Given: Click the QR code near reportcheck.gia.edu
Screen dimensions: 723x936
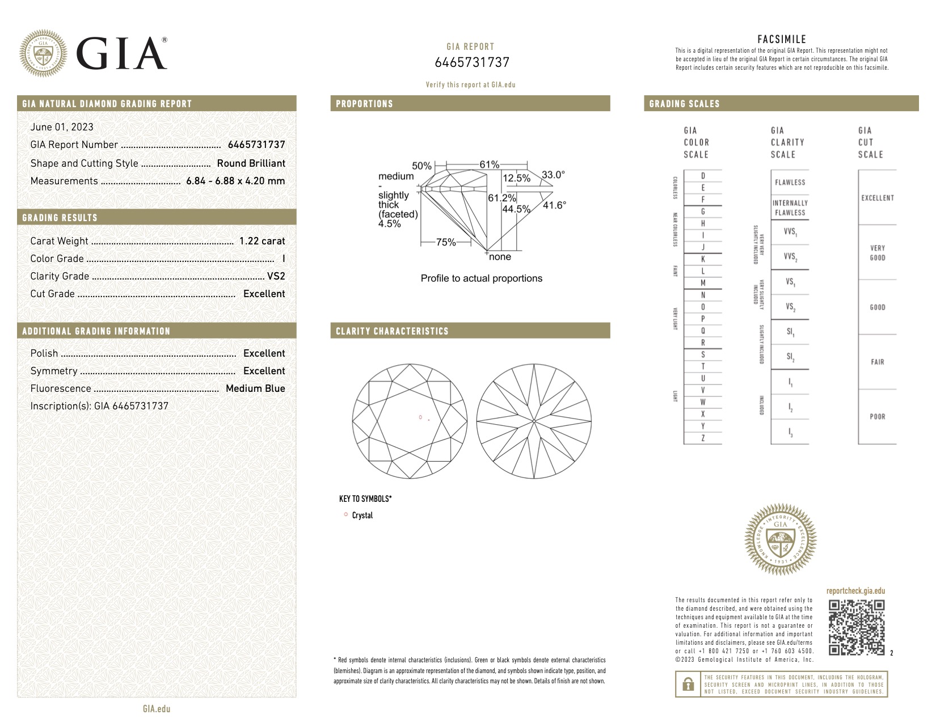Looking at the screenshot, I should tap(857, 627).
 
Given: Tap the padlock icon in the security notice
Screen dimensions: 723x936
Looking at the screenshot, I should tap(688, 684).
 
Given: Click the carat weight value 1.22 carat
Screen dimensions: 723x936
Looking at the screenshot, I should tap(262, 241).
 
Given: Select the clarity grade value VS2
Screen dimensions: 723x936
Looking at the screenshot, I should tap(276, 276).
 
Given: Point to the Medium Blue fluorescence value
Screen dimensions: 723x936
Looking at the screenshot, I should tap(255, 388).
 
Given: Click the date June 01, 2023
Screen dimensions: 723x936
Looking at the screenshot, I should tap(62, 127).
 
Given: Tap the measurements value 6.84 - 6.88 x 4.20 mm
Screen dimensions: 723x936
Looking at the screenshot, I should tap(235, 181).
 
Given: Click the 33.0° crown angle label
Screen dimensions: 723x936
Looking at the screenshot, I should tap(553, 175).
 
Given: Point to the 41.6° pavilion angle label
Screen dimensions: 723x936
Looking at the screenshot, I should tap(554, 205).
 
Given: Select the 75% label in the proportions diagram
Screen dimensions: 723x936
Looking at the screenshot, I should tap(446, 242).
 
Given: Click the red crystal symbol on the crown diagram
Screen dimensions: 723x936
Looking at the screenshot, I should tap(420, 417).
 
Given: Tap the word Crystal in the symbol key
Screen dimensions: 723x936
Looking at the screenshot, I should tap(362, 515).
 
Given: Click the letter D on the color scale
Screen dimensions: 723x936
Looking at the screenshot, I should tap(703, 176).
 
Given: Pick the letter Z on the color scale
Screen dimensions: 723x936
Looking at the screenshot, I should tap(703, 438).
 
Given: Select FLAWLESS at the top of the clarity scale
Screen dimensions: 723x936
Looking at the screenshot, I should tap(790, 183).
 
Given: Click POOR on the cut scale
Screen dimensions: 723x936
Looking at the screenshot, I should tap(877, 417).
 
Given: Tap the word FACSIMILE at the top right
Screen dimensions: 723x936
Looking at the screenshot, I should tap(782, 39).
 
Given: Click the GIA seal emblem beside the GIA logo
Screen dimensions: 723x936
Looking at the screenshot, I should tap(43, 53).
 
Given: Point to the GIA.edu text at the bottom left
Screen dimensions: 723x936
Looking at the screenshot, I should tap(157, 709).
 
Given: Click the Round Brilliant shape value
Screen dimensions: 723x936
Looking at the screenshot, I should tap(251, 163).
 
